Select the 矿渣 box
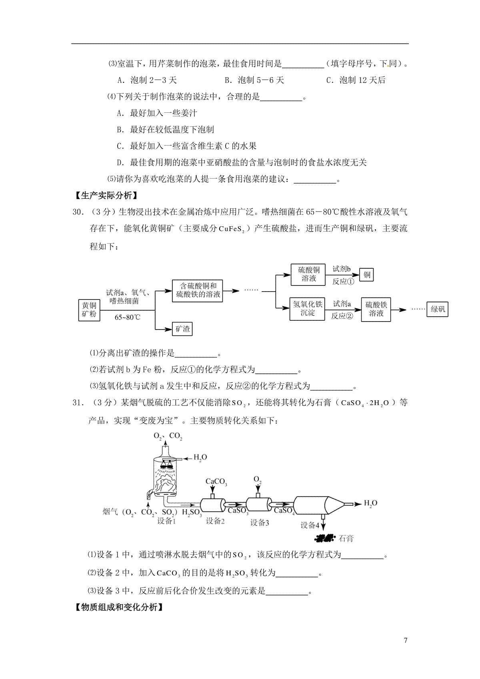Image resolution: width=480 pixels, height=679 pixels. tap(182, 329)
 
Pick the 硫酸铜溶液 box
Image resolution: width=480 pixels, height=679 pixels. tap(308, 274)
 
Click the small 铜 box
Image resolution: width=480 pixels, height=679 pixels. tap(367, 275)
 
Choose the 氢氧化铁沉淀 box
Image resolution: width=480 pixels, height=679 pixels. tap(307, 309)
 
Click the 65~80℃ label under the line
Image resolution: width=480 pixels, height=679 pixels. tap(128, 317)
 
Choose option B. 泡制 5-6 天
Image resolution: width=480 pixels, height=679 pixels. tap(254, 80)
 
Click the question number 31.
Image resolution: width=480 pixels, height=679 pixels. tap(77, 403)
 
